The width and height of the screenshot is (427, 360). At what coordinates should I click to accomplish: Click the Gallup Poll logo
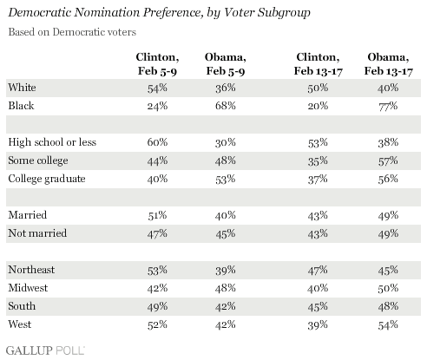pyautogui.click(x=45, y=350)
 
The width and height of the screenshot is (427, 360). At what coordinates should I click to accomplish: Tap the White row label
pyautogui.click(x=22, y=88)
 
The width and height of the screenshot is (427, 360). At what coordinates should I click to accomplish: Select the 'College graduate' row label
pyautogui.click(x=47, y=179)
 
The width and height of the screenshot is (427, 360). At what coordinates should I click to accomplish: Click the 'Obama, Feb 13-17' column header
pyautogui.click(x=388, y=64)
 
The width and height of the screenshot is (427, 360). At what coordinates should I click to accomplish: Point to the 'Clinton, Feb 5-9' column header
pyautogui.click(x=157, y=64)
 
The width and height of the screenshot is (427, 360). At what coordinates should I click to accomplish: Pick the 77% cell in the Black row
pyautogui.click(x=388, y=106)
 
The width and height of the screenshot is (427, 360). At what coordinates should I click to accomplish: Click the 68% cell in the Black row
pyautogui.click(x=225, y=106)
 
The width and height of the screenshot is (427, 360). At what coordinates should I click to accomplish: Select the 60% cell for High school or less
pyautogui.click(x=157, y=142)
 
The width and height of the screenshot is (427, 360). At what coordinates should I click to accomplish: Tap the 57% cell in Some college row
pyautogui.click(x=388, y=160)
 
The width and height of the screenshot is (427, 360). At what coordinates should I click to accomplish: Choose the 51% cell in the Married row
pyautogui.click(x=157, y=215)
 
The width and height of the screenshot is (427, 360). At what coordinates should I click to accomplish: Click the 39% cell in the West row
pyautogui.click(x=318, y=324)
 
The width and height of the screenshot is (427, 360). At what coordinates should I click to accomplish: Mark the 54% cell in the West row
pyautogui.click(x=388, y=324)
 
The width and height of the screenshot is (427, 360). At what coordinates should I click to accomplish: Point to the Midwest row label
pyautogui.click(x=28, y=288)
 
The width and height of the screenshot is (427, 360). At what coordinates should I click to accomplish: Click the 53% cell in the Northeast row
pyautogui.click(x=157, y=270)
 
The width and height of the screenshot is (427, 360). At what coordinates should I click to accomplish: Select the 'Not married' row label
pyautogui.click(x=37, y=233)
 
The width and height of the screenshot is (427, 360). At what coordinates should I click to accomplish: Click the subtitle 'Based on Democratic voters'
pyautogui.click(x=72, y=32)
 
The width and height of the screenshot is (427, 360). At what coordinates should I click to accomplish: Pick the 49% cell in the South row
pyautogui.click(x=157, y=306)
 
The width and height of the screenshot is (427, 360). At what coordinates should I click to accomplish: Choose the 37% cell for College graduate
pyautogui.click(x=318, y=179)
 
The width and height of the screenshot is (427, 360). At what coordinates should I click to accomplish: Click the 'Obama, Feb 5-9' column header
pyautogui.click(x=226, y=64)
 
